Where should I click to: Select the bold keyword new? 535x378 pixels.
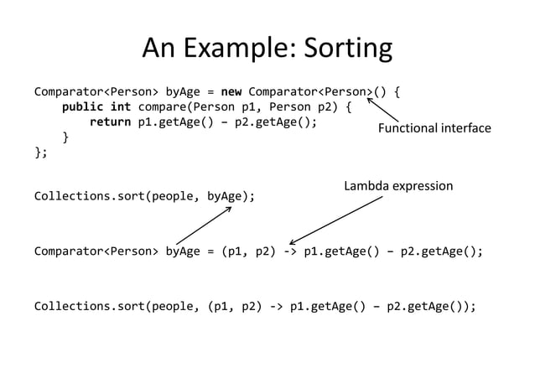point(231,91)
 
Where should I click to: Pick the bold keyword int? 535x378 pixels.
point(121,106)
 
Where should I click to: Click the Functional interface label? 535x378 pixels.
point(434,128)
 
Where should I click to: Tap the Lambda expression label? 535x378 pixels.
point(398,185)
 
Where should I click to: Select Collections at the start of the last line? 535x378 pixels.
point(70,306)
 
